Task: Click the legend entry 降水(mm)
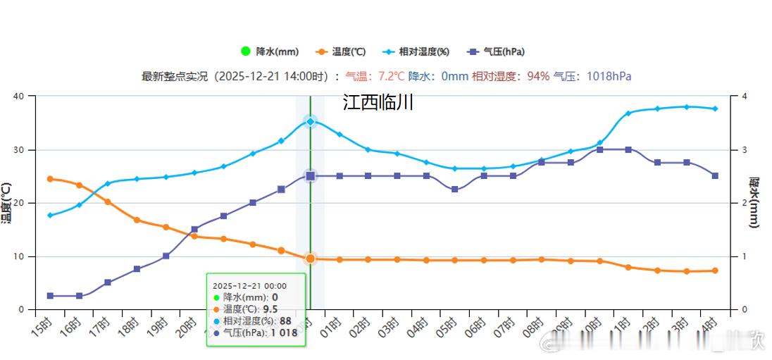coord(270,51)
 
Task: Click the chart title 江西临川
coord(378,103)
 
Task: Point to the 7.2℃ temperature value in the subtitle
coord(392,76)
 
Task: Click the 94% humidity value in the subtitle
coord(538,76)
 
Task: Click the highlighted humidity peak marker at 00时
coord(310,122)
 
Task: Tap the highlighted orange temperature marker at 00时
coord(310,259)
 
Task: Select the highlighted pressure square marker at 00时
coord(310,176)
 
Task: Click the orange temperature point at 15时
coord(50,179)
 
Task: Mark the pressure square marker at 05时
coord(455,190)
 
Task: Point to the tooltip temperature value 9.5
coord(270,309)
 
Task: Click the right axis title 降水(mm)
coord(754,203)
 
